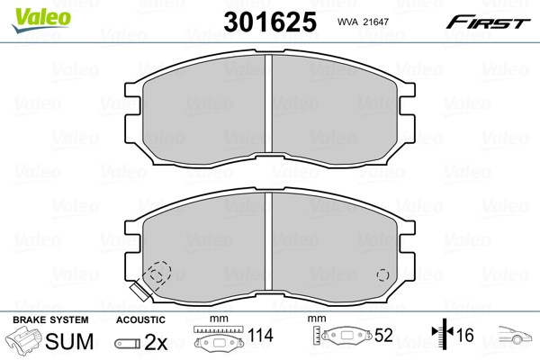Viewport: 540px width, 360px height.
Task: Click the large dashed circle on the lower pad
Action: point(159,273)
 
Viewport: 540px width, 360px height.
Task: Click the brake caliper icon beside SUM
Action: point(25,342)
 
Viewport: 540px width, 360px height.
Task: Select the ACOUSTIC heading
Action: point(140,319)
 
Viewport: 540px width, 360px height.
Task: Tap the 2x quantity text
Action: point(155,343)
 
